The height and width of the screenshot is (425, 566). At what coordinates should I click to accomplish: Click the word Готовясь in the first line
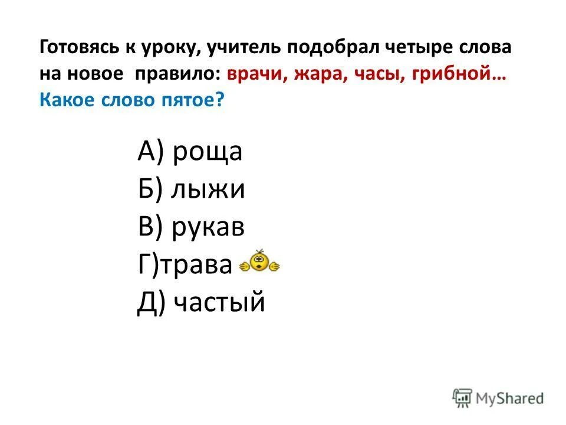[x=74, y=49]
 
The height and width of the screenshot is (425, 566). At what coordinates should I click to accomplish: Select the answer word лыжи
[x=208, y=191]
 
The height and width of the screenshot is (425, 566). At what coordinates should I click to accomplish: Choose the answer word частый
[x=219, y=304]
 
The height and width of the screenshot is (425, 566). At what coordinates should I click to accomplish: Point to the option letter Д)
[x=152, y=304]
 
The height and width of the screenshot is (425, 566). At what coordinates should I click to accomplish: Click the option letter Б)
[x=150, y=191]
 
